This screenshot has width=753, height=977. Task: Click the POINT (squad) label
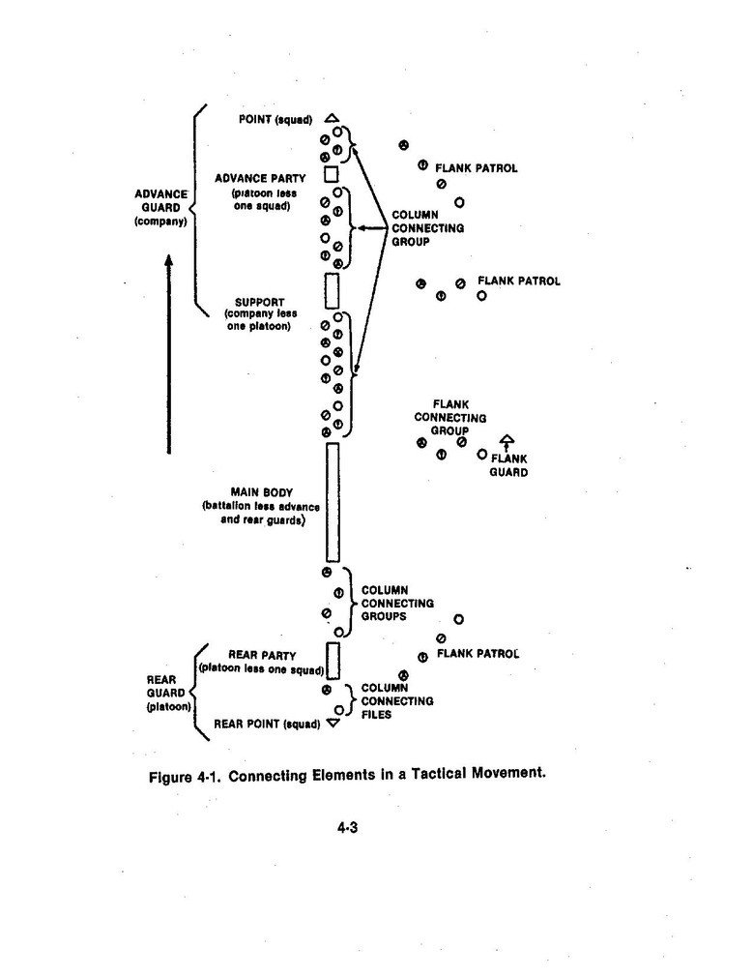(x=275, y=120)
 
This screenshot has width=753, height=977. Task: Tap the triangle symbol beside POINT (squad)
(x=332, y=118)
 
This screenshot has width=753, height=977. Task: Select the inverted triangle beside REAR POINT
(x=333, y=723)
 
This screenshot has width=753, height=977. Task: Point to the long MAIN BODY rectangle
(x=333, y=502)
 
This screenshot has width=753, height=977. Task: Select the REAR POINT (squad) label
(x=267, y=723)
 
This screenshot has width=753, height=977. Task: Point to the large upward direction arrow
(x=168, y=353)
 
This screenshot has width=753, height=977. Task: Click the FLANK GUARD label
(x=508, y=465)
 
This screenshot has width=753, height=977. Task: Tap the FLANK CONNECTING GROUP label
(x=449, y=417)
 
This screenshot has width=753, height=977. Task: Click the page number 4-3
(x=349, y=827)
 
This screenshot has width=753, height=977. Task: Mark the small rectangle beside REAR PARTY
(x=333, y=661)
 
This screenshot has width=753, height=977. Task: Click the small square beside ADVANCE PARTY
(x=331, y=173)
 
